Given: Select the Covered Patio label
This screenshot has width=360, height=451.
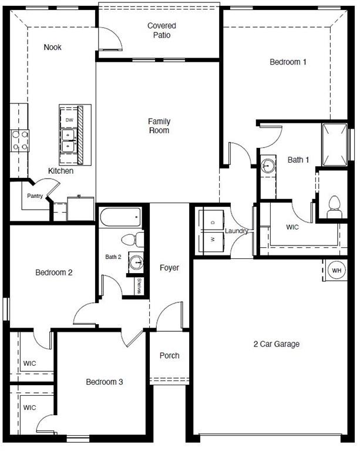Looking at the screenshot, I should coord(162,30).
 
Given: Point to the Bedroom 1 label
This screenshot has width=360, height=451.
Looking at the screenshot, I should coord(288,62).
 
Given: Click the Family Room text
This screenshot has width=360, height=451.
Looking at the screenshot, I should coord(159,126).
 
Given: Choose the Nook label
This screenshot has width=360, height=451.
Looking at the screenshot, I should coord(52,48).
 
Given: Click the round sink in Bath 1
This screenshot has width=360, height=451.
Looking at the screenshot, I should coord(268,165).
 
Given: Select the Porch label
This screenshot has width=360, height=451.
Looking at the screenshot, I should coord(170,355).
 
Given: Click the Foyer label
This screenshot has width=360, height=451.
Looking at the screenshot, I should coord(169,268).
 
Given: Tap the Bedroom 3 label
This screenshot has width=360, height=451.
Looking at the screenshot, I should coord(105,382).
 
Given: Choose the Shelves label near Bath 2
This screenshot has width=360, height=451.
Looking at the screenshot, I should coord(139,287).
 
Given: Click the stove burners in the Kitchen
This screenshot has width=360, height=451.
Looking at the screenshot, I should coord(19,142).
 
